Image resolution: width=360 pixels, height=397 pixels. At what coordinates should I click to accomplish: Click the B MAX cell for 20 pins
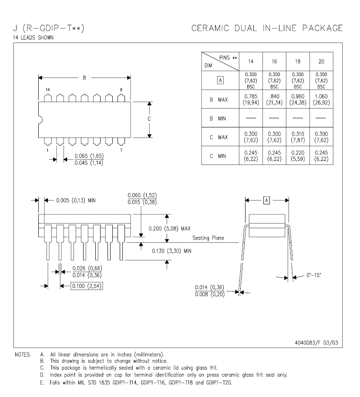(x=321, y=99)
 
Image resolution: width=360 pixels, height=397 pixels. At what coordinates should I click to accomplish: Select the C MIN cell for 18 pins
(x=298, y=156)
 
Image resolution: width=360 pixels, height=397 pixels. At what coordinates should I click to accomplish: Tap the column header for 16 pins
(x=274, y=61)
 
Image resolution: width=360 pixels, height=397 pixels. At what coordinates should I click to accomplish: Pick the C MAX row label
(x=219, y=137)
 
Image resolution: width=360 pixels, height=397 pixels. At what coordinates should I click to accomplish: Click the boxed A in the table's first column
(x=220, y=80)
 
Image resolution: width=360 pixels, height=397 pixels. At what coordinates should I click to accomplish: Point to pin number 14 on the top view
(x=48, y=90)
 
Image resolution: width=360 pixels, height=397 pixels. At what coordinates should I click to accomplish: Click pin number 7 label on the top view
(x=121, y=150)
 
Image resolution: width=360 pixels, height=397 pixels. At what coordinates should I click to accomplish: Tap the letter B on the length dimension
(x=84, y=78)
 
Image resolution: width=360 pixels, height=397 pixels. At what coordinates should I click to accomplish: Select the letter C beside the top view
(x=149, y=119)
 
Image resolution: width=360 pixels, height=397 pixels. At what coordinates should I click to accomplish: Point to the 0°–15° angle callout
(x=313, y=275)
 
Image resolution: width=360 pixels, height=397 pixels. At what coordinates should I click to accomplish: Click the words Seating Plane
(x=208, y=238)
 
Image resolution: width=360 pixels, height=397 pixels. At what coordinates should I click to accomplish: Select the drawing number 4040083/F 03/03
(x=316, y=343)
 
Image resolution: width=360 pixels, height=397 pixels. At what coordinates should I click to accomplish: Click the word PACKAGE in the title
(x=323, y=28)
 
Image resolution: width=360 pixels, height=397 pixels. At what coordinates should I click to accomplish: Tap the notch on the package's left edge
(x=40, y=120)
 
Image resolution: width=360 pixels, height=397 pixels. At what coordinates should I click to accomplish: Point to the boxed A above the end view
(x=266, y=200)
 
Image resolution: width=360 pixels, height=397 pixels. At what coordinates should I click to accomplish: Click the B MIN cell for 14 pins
(x=251, y=118)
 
